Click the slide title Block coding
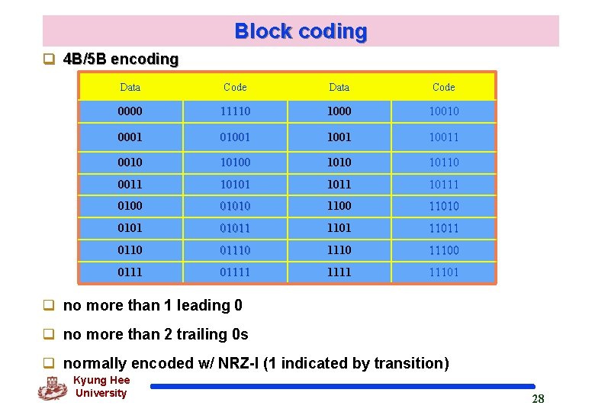tap(301, 31)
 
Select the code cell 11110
tap(235, 111)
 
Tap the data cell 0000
tap(130, 111)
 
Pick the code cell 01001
tap(235, 137)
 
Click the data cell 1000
tap(339, 111)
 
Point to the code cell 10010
tap(443, 111)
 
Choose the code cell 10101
tap(235, 184)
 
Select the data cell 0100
tap(130, 206)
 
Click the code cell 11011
tap(443, 228)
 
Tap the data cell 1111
tap(339, 272)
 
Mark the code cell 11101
tap(443, 272)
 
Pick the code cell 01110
tap(235, 250)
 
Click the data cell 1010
tap(339, 162)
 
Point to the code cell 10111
tap(443, 184)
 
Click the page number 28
tap(538, 399)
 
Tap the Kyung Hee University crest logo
tap(52, 388)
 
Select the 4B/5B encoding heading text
tap(121, 59)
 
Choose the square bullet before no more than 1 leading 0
tap(48, 305)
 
